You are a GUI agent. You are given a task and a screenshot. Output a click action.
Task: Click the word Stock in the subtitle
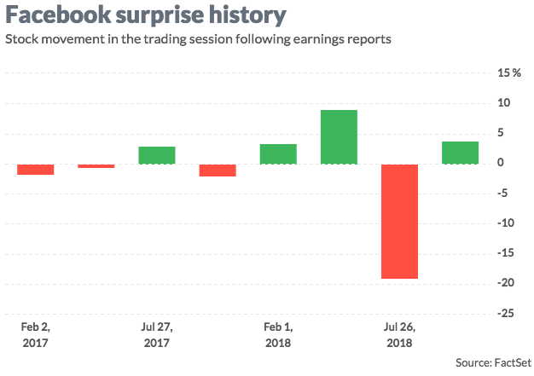pyautogui.click(x=22, y=39)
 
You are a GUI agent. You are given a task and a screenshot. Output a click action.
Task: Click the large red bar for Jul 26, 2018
pyautogui.click(x=399, y=221)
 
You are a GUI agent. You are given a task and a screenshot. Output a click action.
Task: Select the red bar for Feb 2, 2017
pyautogui.click(x=35, y=169)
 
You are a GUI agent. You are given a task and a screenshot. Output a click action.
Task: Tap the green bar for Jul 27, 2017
pyautogui.click(x=157, y=155)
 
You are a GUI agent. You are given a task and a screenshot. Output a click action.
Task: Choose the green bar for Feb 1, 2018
pyautogui.click(x=278, y=153)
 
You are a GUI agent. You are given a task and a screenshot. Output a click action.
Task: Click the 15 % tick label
pyautogui.click(x=509, y=73)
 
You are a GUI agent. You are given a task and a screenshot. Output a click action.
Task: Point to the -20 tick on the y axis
pyautogui.click(x=507, y=284)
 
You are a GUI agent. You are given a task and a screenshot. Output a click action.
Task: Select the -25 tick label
pyautogui.click(x=507, y=314)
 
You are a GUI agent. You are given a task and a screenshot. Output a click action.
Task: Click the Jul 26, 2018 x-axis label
pyautogui.click(x=399, y=334)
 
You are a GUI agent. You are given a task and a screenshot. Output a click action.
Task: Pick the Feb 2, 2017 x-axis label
pyautogui.click(x=35, y=334)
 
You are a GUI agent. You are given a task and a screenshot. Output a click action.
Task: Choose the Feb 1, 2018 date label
pyautogui.click(x=278, y=334)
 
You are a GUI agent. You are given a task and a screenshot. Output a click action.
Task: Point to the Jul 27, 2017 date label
pyautogui.click(x=157, y=334)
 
